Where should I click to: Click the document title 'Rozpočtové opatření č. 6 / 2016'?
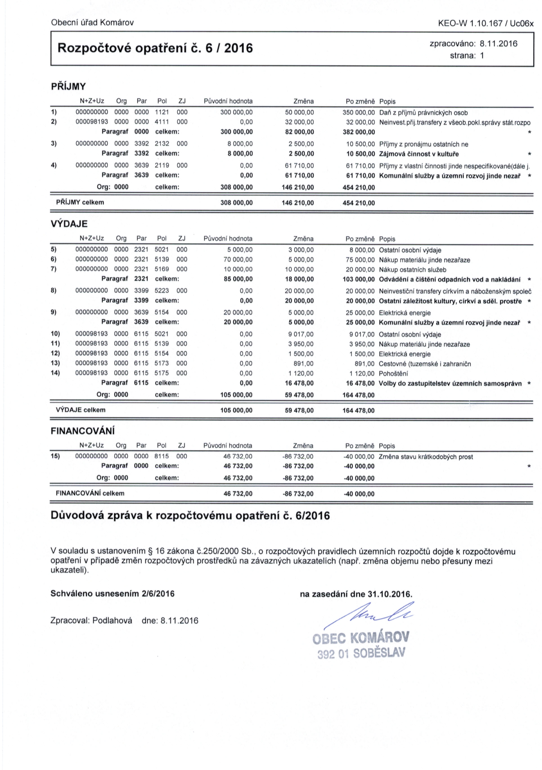[155, 48]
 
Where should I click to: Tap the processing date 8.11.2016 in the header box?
[498, 44]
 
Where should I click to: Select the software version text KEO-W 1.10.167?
[470, 23]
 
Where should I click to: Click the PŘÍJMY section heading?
[68, 86]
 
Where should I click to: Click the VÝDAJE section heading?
[69, 224]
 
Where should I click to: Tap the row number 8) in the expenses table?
[54, 290]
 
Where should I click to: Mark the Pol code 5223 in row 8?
[162, 290]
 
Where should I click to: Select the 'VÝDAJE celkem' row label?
[81, 410]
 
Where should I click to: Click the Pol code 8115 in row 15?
[162, 456]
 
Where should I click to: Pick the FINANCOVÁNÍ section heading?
[82, 431]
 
